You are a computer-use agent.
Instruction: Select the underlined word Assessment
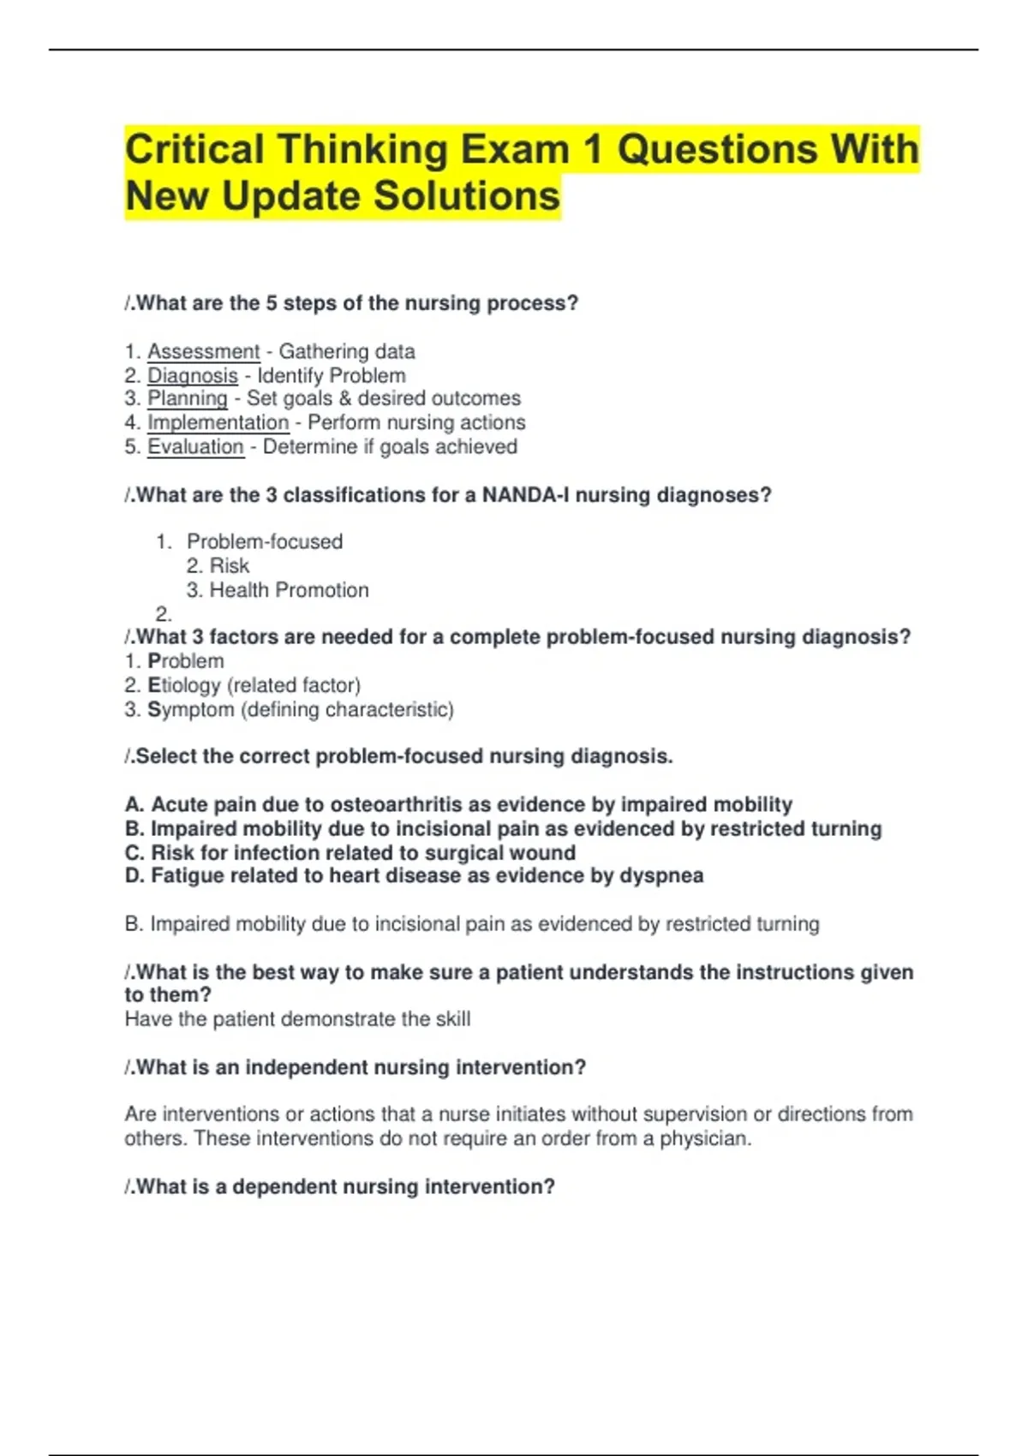pos(203,351)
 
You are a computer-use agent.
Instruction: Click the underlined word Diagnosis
pos(192,375)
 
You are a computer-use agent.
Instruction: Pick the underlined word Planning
pos(187,398)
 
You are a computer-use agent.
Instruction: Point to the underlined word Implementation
pos(218,422)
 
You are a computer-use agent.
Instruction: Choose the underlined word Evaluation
pos(195,446)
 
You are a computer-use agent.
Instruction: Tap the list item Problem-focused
pos(264,541)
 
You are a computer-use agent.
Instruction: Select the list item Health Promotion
pos(289,590)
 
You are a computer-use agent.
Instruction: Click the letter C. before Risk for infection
pos(134,853)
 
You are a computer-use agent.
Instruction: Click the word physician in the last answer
pos(704,1138)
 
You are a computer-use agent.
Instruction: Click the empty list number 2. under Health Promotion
pos(164,614)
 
